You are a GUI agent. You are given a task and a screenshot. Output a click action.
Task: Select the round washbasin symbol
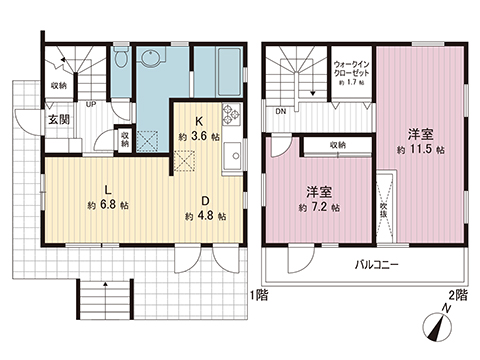pyautogui.click(x=151, y=59)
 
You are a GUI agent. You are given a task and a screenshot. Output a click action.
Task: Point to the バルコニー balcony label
pyautogui.click(x=375, y=266)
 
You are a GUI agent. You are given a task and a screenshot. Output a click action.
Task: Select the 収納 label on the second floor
pyautogui.click(x=335, y=146)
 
